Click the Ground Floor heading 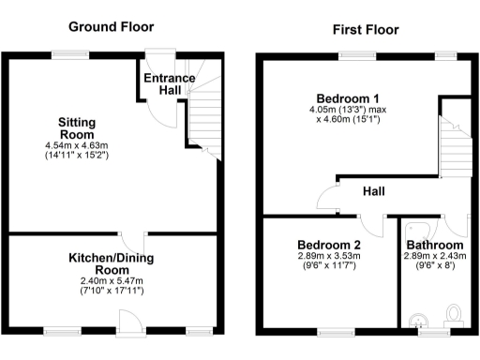pyautogui.click(x=110, y=27)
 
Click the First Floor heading pyautogui.click(x=366, y=30)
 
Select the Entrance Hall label pyautogui.click(x=169, y=83)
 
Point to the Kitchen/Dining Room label pyautogui.click(x=112, y=264)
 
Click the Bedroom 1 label pyautogui.click(x=348, y=99)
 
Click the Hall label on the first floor pyautogui.click(x=374, y=191)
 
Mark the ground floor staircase pyautogui.click(x=205, y=116)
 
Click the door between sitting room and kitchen pyautogui.click(x=139, y=239)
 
